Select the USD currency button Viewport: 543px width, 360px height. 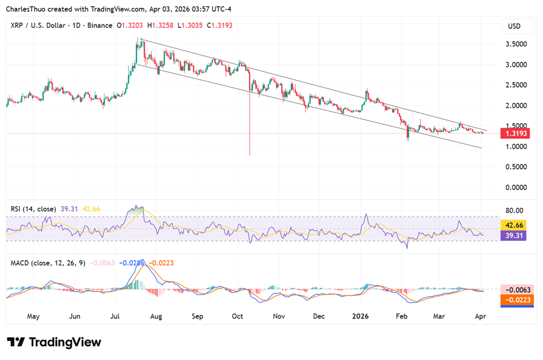[x=514, y=27]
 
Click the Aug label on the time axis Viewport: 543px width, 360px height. [x=156, y=317]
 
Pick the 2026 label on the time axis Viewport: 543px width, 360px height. [x=361, y=317]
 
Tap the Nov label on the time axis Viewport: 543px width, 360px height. [x=279, y=317]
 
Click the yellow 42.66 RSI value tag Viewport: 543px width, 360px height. [x=514, y=225]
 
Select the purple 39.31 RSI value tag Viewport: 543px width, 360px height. [x=514, y=236]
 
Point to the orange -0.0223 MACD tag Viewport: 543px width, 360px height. [x=514, y=300]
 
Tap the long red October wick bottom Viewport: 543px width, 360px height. [x=250, y=154]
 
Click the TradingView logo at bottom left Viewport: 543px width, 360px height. [x=54, y=342]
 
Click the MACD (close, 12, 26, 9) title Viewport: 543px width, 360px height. [x=48, y=263]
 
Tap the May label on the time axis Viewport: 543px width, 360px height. [x=33, y=317]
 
